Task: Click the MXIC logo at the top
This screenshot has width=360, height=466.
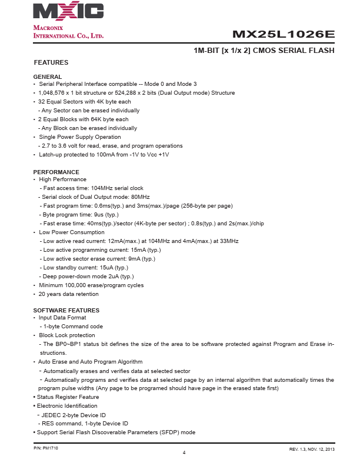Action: pos(68,11)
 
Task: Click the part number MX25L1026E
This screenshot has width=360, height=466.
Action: pos(284,34)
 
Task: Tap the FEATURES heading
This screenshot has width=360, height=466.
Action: pos(51,62)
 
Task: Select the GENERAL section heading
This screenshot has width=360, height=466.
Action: pos(48,77)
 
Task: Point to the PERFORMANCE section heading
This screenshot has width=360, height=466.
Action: pos(56,172)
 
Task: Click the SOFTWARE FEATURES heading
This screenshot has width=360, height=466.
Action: pos(66,310)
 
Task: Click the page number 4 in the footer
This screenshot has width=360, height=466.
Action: pos(184,452)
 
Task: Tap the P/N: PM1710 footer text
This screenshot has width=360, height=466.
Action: pos(46,448)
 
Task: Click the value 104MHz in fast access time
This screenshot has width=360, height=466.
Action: pos(104,188)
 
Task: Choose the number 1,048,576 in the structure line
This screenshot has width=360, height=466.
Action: pos(51,93)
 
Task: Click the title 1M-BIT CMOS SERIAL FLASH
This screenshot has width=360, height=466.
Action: pos(264,51)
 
